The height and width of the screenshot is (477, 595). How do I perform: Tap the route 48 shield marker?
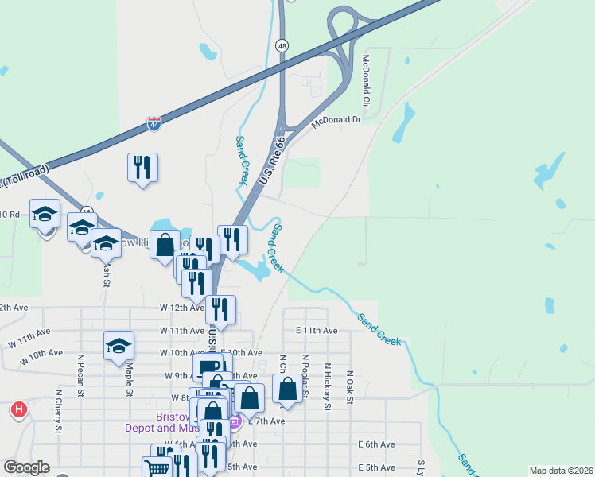(282, 46)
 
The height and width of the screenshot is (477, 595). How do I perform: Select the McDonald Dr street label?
(336, 120)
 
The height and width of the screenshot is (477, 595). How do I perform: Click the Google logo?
(26, 467)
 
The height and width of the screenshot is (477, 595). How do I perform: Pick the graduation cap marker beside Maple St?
(119, 346)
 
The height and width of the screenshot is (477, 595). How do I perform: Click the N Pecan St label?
(80, 373)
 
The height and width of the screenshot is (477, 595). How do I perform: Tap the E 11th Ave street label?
(317, 330)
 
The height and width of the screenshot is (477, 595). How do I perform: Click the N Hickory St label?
(327, 387)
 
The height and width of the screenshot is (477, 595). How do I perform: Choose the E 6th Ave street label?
(376, 444)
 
